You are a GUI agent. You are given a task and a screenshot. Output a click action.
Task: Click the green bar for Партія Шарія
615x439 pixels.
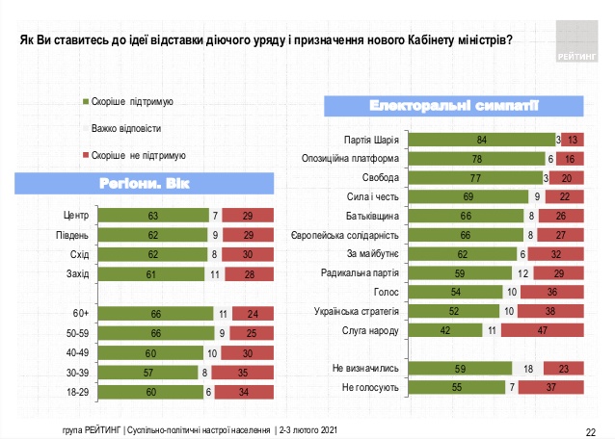[481, 140]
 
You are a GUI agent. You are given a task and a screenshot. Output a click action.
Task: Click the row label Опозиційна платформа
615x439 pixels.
[359, 159]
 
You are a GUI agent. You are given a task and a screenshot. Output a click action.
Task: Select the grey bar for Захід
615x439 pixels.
[217, 274]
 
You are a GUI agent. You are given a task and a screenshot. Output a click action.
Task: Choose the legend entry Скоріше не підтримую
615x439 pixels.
[137, 154]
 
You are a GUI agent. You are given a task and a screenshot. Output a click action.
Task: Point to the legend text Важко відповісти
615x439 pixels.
[126, 127]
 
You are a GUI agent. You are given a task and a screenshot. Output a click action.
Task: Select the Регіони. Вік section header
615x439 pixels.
[137, 183]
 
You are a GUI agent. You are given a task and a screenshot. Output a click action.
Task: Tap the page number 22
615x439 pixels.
[591, 427]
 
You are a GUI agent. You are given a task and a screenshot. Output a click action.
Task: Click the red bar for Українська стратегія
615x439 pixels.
[556, 311]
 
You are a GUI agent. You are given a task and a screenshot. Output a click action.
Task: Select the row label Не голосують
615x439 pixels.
[370, 386]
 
